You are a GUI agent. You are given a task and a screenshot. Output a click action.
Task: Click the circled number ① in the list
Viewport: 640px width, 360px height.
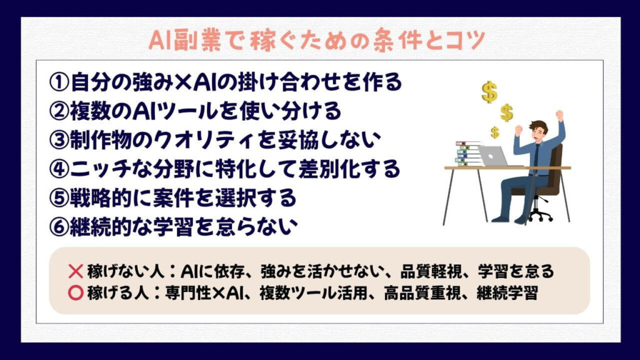point(59,82)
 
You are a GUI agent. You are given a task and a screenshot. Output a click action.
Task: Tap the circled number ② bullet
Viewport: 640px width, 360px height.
point(59,111)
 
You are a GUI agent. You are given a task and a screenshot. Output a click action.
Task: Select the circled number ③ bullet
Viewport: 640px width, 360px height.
point(59,139)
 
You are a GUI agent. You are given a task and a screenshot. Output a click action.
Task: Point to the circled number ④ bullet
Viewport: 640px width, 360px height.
point(59,169)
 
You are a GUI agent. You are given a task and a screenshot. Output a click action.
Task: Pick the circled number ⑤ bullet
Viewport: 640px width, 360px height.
point(59,198)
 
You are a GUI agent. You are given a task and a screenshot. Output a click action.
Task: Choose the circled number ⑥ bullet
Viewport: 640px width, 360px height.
point(59,227)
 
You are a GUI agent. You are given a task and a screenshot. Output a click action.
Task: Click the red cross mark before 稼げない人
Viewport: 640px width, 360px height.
point(76,271)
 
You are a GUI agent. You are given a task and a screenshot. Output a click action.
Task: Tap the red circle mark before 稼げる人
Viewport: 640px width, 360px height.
point(76,292)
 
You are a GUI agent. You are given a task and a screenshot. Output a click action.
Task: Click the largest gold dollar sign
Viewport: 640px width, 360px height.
point(489,92)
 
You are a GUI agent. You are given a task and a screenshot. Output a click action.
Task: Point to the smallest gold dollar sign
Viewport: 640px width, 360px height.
point(495,132)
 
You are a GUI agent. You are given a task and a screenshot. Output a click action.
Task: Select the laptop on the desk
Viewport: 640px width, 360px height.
point(494,156)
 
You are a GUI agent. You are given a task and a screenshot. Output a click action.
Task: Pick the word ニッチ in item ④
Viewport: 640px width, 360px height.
point(97,169)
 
